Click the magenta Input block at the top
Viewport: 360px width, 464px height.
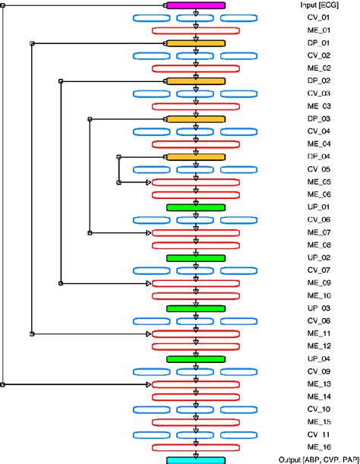[195, 5]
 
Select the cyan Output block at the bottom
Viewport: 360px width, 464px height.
[195, 459]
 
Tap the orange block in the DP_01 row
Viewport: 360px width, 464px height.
[195, 43]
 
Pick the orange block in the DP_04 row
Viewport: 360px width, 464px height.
[195, 156]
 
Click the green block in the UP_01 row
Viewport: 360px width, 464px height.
[195, 207]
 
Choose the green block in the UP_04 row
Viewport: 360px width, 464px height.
[195, 358]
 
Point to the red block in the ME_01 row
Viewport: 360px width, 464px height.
[195, 30]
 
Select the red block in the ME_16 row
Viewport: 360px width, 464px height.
[195, 447]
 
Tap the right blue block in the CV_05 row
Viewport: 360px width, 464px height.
[239, 169]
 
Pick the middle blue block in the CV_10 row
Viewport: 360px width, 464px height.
[195, 409]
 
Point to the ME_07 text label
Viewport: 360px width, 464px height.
[318, 232]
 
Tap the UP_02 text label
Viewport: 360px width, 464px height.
[318, 257]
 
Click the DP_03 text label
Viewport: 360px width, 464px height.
[318, 118]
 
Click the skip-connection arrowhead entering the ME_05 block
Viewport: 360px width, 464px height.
[148, 182]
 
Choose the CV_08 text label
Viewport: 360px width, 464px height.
[318, 320]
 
